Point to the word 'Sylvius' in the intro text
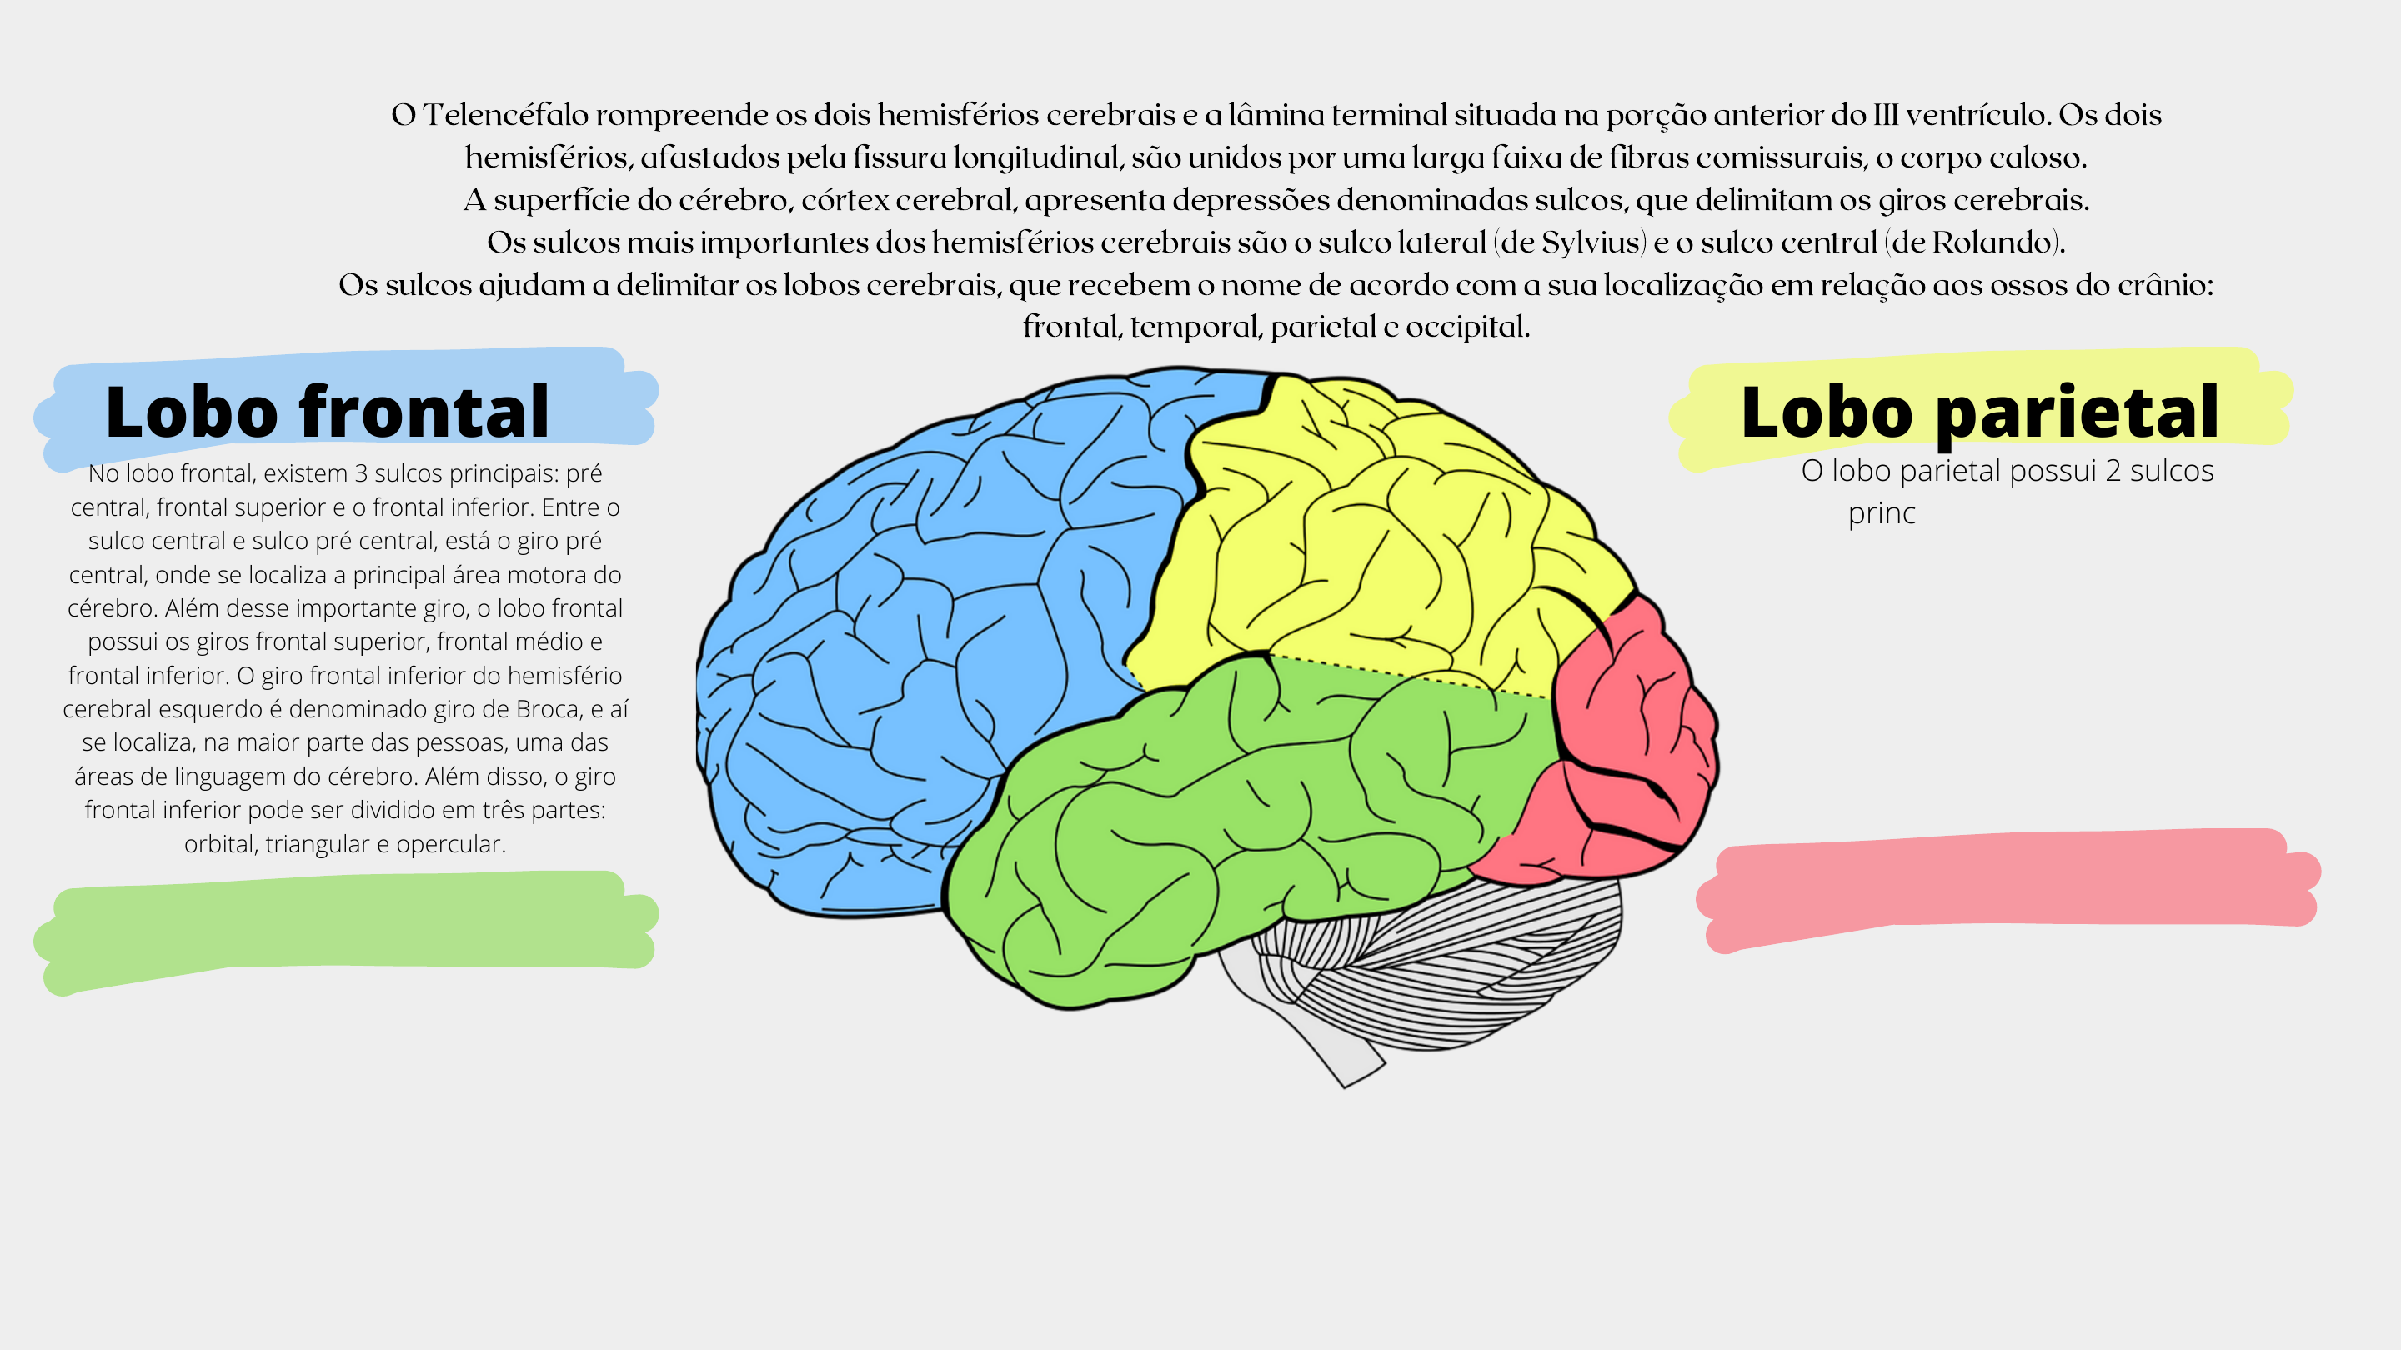coord(1590,242)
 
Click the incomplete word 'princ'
coord(1881,513)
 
